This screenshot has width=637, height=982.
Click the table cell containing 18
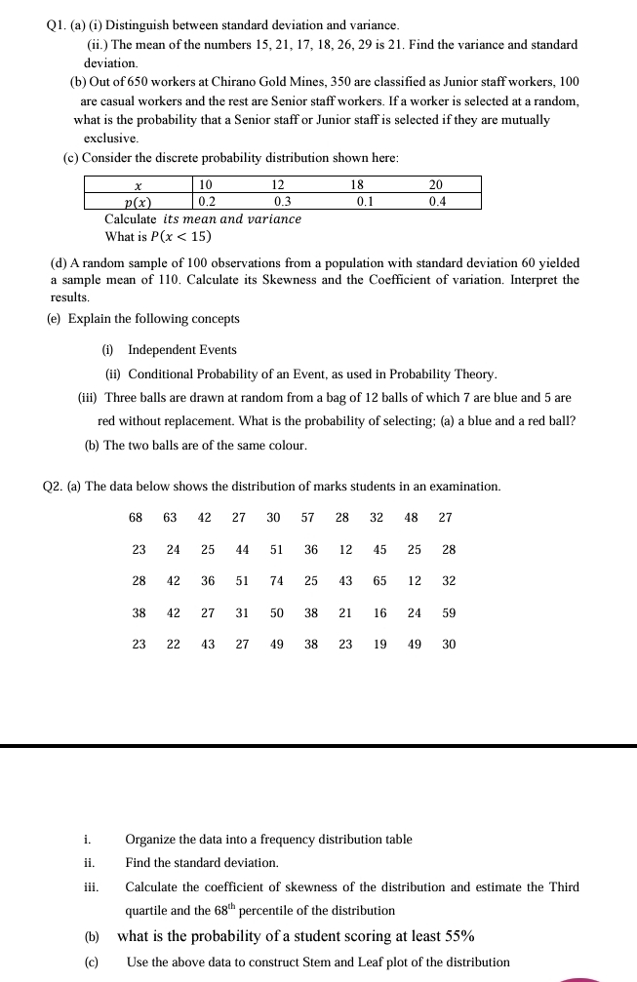(x=357, y=185)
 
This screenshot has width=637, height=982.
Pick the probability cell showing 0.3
(x=283, y=202)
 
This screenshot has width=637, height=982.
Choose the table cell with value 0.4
(x=436, y=202)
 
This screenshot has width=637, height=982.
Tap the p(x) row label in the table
(x=138, y=202)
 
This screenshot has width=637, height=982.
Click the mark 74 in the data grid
(x=277, y=581)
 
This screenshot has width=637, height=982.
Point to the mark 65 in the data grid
(x=379, y=581)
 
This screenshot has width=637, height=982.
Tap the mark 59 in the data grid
(x=449, y=613)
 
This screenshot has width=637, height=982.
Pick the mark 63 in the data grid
(x=171, y=518)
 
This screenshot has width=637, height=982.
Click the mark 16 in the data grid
(x=379, y=613)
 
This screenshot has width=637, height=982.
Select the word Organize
(x=151, y=840)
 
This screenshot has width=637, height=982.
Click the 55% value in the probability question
(x=459, y=936)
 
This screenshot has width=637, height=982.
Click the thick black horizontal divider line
(x=318, y=746)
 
